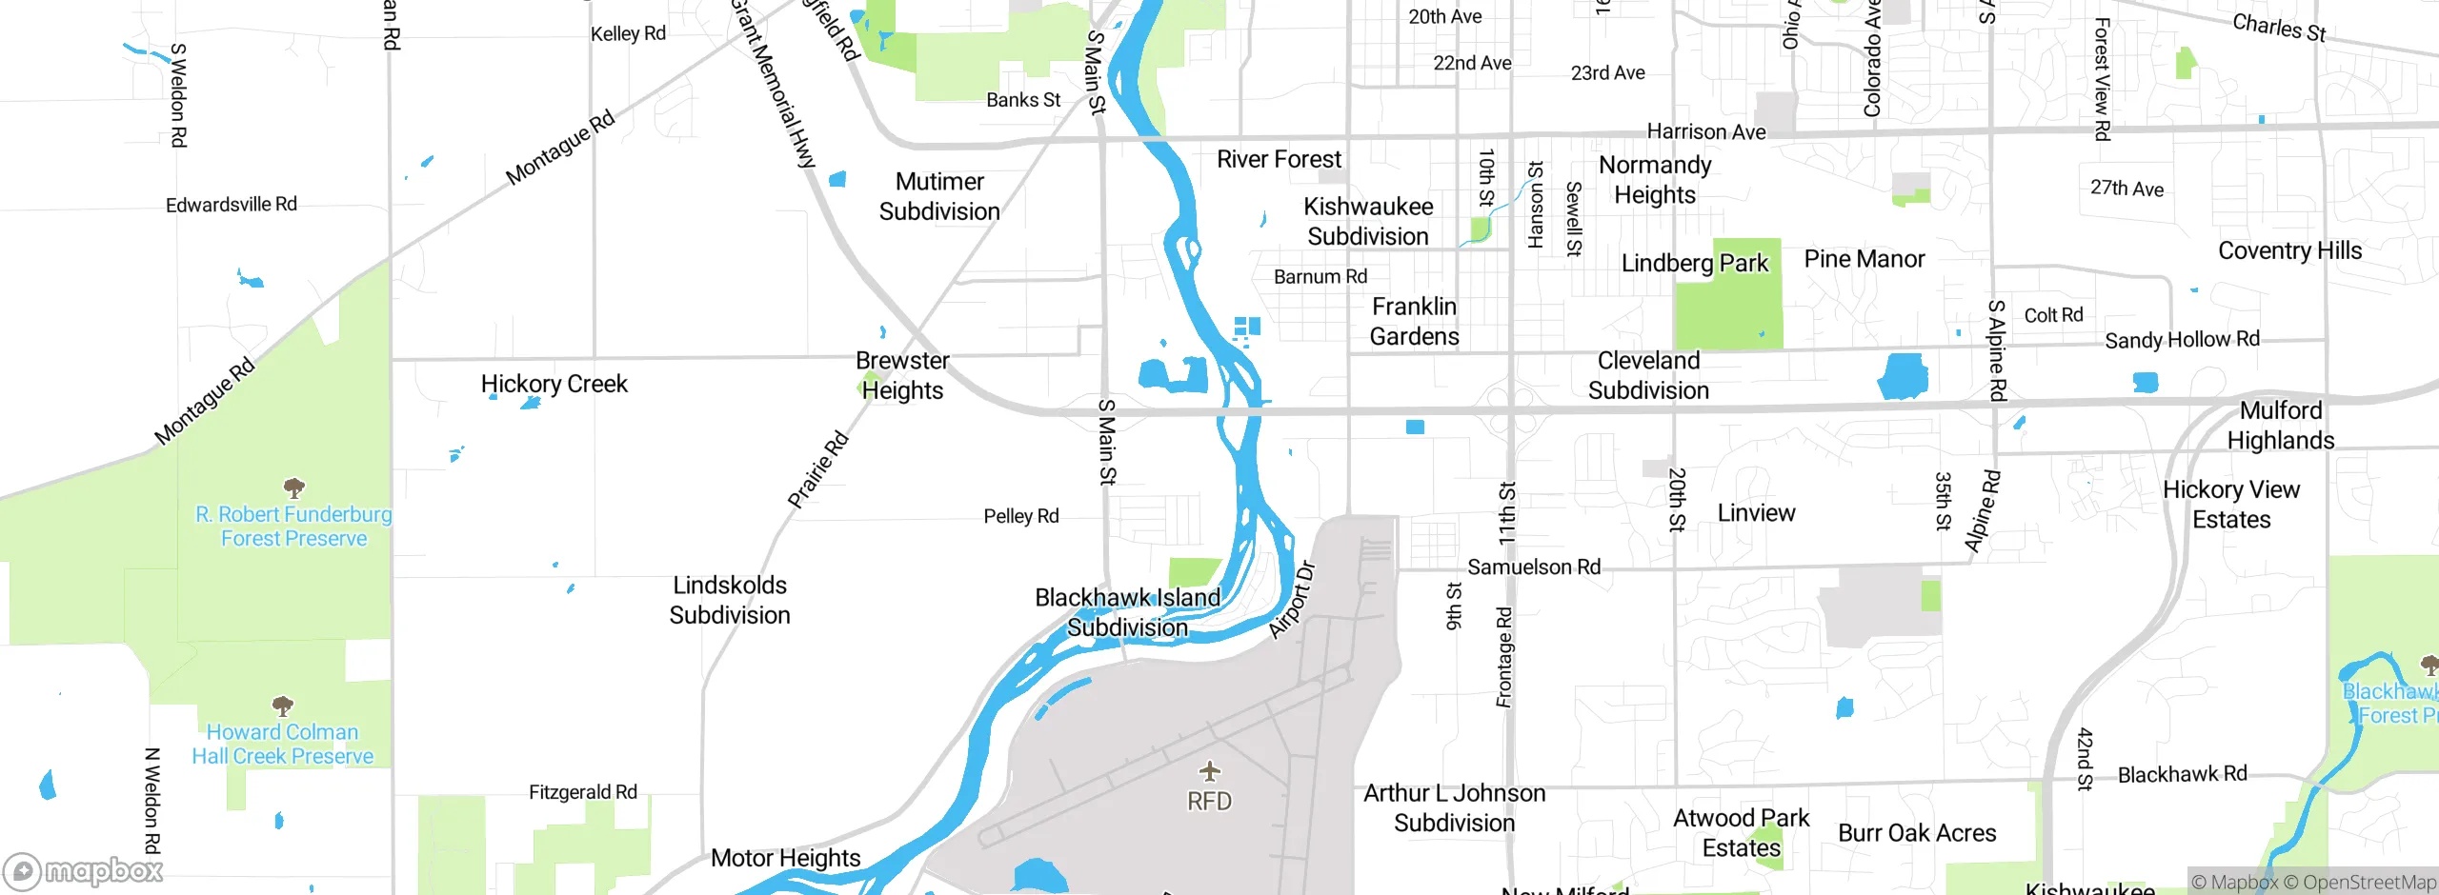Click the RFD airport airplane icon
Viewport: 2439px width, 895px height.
(1209, 770)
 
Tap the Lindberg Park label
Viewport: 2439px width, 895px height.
(1694, 263)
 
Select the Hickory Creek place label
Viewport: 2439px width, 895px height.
(554, 384)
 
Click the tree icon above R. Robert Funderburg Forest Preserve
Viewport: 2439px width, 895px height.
(294, 488)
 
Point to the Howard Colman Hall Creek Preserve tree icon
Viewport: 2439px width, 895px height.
(282, 706)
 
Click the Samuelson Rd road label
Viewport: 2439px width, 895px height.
(1533, 567)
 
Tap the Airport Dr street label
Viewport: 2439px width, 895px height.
(1292, 601)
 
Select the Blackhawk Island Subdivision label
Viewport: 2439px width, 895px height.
(1127, 612)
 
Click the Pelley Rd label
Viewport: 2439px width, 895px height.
(1020, 516)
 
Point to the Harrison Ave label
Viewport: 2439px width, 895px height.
(1705, 131)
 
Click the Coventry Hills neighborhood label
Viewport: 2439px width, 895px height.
(2289, 250)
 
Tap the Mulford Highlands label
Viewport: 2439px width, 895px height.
(2280, 426)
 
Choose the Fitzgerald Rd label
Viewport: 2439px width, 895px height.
(582, 792)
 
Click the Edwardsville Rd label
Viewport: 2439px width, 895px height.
(231, 205)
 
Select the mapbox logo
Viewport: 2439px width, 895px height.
(84, 871)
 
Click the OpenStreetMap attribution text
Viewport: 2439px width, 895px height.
(2368, 883)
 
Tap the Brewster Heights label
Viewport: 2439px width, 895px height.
(902, 375)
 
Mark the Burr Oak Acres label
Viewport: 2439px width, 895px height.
(1916, 833)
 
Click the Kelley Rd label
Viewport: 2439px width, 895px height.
(628, 33)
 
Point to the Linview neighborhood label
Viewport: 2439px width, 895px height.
(1756, 513)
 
